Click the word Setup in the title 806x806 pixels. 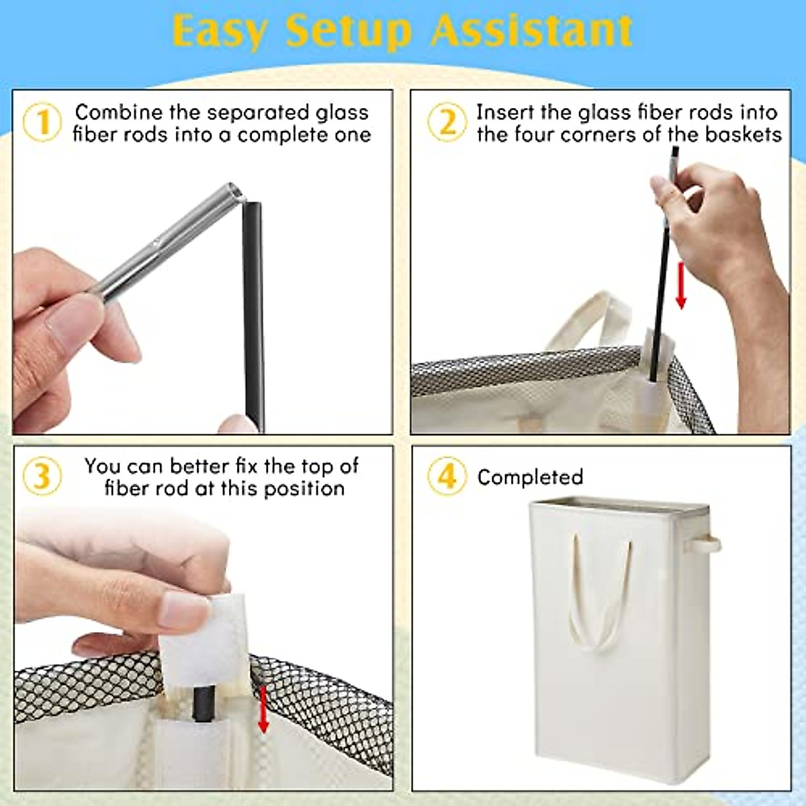347,30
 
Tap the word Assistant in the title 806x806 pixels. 532,30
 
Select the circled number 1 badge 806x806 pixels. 42,123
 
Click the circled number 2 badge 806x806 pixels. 447,123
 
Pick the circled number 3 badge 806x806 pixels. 42,476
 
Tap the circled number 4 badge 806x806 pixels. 447,476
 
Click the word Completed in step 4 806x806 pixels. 530,477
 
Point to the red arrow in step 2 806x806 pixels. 681,285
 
